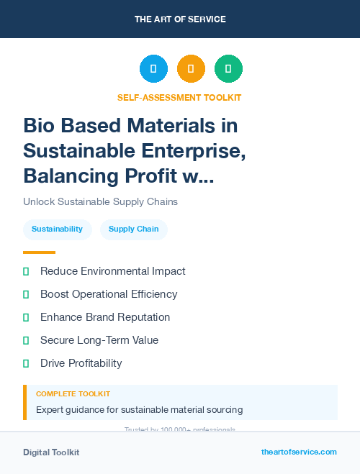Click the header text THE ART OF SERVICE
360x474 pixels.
(x=180, y=19)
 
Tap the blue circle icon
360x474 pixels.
(x=153, y=69)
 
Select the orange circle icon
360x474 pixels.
(x=191, y=69)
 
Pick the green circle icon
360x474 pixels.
(x=228, y=69)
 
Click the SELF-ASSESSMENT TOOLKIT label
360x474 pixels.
(x=179, y=97)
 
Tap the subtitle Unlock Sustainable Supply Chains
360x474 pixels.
(x=100, y=201)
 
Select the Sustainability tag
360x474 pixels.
(x=57, y=229)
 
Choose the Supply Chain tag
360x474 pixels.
(x=133, y=229)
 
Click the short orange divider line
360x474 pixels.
(x=39, y=252)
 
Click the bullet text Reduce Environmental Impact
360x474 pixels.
(x=112, y=271)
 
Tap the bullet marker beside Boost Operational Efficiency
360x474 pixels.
(x=26, y=294)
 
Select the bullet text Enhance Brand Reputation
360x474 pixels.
(x=105, y=317)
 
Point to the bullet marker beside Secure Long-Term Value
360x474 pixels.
(x=26, y=340)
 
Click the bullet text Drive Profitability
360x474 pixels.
(x=81, y=363)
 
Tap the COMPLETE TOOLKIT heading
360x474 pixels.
(x=73, y=394)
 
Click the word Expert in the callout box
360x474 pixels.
(x=50, y=410)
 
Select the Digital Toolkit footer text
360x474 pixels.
(x=51, y=452)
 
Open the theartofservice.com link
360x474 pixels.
(x=299, y=452)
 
